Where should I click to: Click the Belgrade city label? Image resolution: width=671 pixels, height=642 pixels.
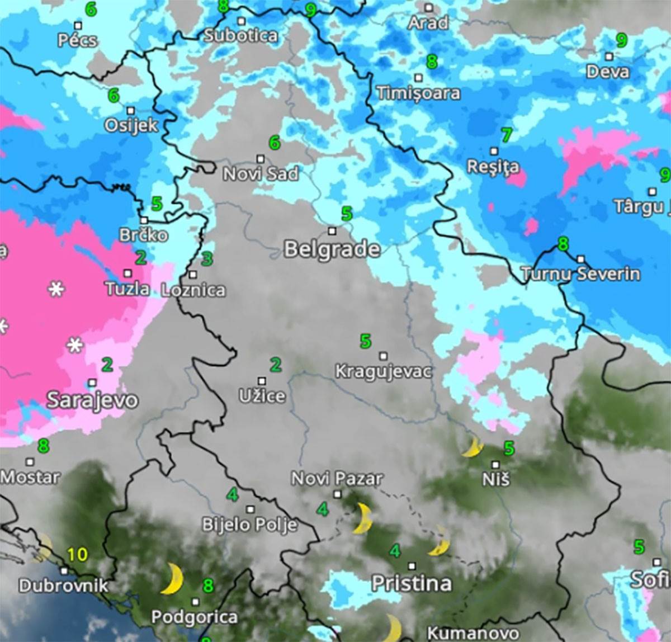(x=332, y=249)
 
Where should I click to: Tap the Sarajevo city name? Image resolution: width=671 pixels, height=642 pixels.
(x=92, y=400)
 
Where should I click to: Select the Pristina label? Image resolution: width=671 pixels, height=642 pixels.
(x=412, y=583)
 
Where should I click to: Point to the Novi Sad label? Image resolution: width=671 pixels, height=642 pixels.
(x=261, y=173)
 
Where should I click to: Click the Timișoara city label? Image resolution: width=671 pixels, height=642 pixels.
(x=418, y=93)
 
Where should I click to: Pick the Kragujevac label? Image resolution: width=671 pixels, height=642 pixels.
(x=384, y=371)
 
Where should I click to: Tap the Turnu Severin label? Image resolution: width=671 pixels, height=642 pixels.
(x=581, y=273)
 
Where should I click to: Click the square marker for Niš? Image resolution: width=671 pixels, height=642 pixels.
(x=495, y=465)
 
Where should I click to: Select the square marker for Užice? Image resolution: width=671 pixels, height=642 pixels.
(x=262, y=381)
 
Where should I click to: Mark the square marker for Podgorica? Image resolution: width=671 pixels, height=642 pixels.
(x=195, y=602)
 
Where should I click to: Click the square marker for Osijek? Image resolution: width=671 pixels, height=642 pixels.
(x=131, y=111)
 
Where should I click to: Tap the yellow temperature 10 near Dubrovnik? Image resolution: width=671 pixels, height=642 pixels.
(x=77, y=554)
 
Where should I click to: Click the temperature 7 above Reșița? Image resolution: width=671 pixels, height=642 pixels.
(x=507, y=135)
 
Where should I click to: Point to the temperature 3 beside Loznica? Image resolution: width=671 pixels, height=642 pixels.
(x=207, y=259)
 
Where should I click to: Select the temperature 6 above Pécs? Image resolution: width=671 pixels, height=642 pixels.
(x=91, y=9)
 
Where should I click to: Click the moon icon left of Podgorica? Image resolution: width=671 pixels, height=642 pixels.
(x=172, y=579)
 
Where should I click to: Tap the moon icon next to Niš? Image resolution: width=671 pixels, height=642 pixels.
(x=473, y=447)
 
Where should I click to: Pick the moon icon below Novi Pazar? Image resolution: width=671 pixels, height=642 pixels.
(x=363, y=518)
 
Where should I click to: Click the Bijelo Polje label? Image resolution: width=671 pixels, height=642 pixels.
(x=249, y=525)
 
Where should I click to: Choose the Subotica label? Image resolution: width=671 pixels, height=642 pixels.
(x=240, y=36)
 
